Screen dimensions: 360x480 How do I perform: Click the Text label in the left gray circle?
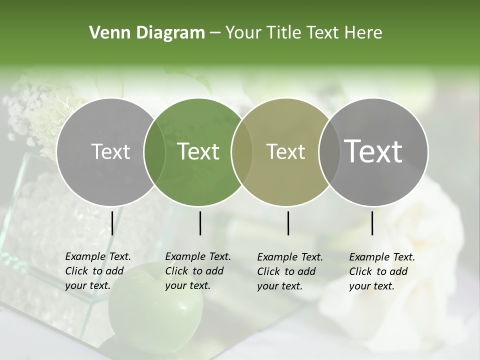[110, 151]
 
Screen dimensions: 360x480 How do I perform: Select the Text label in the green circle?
[198, 151]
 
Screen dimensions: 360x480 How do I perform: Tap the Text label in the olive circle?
[286, 151]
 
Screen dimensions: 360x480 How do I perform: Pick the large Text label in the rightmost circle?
[373, 151]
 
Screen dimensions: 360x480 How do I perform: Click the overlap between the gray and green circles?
[154, 151]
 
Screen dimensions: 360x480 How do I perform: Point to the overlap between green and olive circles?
[242, 151]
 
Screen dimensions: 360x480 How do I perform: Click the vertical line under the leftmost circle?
[112, 223]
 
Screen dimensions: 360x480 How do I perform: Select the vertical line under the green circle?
[200, 223]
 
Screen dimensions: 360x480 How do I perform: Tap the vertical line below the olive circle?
[288, 223]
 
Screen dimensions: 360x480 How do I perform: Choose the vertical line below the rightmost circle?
[372, 223]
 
